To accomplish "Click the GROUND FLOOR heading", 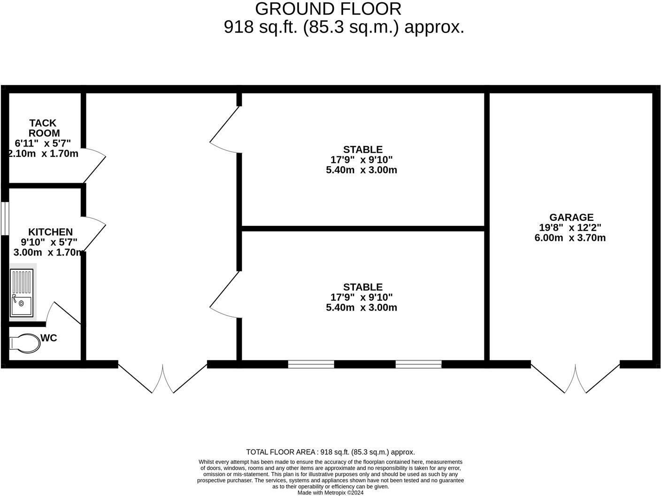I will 328,9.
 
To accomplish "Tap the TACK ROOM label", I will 44,128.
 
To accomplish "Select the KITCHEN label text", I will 50,232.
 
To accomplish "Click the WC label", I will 49,338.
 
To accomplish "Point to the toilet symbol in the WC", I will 25,343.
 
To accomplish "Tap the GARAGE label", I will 571,217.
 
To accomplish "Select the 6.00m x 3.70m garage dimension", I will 570,238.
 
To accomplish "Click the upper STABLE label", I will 362,150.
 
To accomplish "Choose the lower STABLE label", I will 362,287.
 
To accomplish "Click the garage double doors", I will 575,378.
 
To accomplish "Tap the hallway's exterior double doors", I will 162,378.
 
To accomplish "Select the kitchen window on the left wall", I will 4,218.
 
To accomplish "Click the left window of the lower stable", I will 311,364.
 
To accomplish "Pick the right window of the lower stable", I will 418,364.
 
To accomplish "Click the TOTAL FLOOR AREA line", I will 330,452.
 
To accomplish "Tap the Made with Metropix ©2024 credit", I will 330,493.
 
